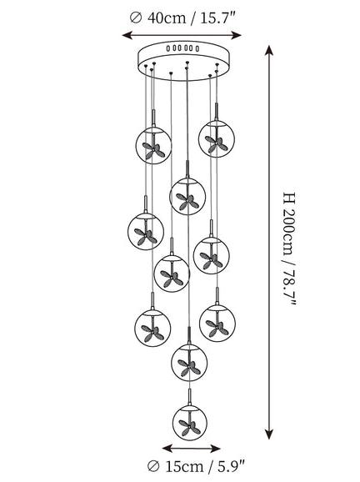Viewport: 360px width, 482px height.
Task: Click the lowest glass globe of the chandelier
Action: pos(189,422)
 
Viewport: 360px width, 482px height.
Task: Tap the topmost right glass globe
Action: pos(216,139)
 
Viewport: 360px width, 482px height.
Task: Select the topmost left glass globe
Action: pos(153,145)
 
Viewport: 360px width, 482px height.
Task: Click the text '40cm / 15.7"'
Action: pos(192,18)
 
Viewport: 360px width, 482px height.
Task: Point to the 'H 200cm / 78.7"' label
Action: pos(289,249)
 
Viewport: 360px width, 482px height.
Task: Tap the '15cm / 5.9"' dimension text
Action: pos(205,467)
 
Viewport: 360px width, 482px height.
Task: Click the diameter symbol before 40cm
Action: pos(136,18)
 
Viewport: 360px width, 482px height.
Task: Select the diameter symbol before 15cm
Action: pos(153,466)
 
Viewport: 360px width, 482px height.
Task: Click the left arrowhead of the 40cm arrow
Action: pos(127,35)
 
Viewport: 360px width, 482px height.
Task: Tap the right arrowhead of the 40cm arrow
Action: pos(236,35)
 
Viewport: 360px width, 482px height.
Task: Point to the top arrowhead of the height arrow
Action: pos(269,50)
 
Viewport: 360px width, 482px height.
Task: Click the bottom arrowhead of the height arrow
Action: pos(269,434)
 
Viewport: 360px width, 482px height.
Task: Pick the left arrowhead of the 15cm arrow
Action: pos(167,449)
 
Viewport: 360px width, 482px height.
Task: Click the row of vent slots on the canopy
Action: pos(182,48)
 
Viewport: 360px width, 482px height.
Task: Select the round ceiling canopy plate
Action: pos(184,61)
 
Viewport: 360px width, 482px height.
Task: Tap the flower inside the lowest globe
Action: pos(189,427)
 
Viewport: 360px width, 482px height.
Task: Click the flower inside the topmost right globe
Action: pos(217,143)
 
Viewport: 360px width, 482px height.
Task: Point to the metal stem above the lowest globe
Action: pos(189,397)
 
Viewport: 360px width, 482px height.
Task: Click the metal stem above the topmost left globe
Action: pos(153,118)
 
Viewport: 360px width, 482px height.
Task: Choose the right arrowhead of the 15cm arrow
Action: pos(215,449)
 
